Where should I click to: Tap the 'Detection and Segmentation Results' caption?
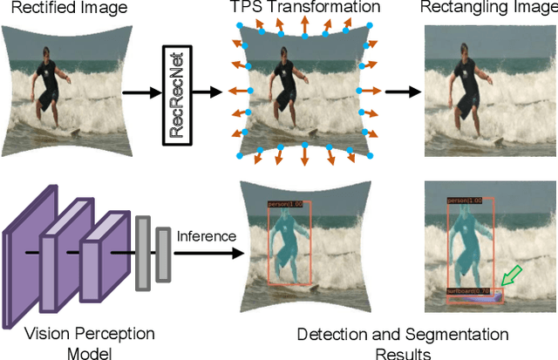pyautogui.click(x=402, y=343)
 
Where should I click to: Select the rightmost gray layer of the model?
pyautogui.click(x=163, y=256)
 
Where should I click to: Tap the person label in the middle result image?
pyautogui.click(x=285, y=205)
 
